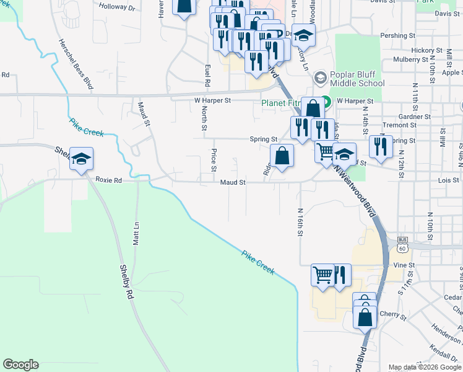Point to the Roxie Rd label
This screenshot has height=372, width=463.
click(x=109, y=180)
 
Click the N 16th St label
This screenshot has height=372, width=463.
click(x=300, y=221)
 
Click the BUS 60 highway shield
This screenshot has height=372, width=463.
click(x=402, y=244)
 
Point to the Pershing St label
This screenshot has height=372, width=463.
click(x=398, y=36)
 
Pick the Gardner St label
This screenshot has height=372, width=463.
click(x=415, y=117)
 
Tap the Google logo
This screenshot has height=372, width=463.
click(x=20, y=365)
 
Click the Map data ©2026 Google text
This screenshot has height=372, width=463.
click(x=425, y=367)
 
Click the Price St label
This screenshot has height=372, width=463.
click(x=214, y=160)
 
